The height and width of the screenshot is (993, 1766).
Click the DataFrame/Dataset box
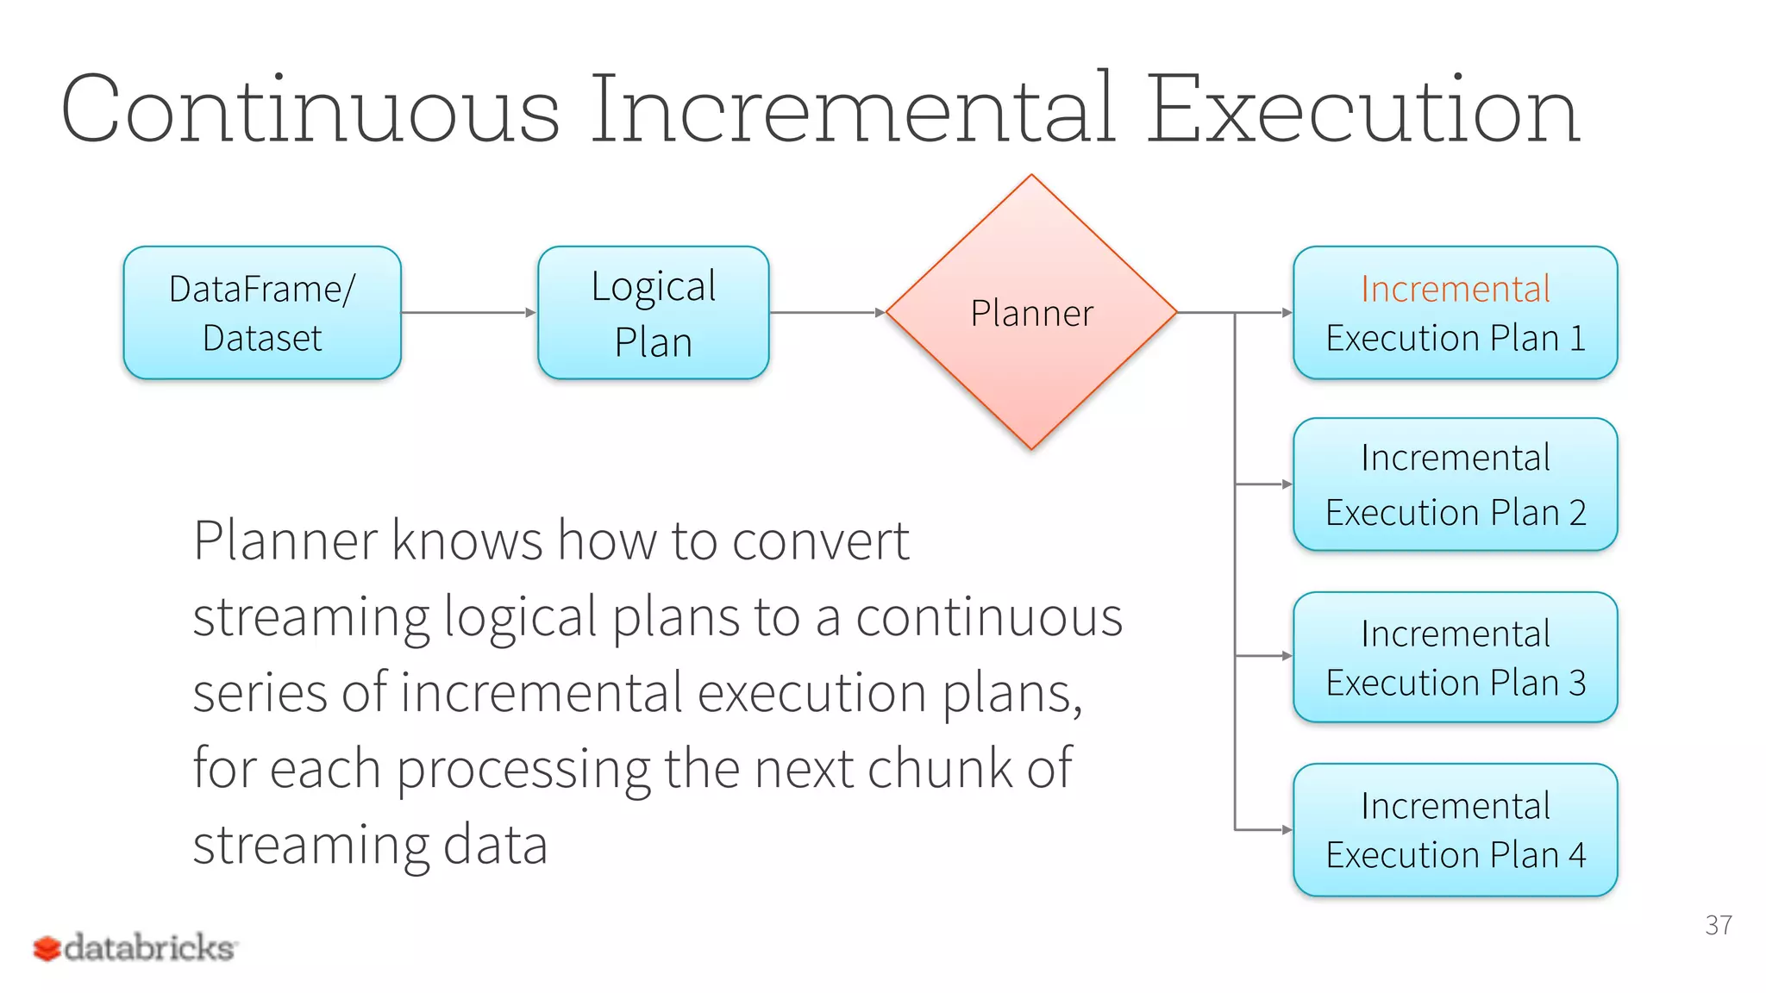tap(262, 312)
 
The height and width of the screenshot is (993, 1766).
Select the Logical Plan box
tap(653, 312)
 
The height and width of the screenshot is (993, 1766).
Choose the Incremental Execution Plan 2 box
tap(1455, 484)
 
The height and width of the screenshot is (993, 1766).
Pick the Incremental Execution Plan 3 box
tap(1455, 657)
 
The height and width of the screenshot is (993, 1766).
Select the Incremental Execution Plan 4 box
tap(1455, 829)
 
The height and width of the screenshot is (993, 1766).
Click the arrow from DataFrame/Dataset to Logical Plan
tap(468, 312)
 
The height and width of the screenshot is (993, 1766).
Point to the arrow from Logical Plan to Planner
tap(826, 312)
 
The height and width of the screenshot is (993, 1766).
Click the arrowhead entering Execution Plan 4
tap(1287, 830)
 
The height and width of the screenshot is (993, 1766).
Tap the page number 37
tap(1718, 925)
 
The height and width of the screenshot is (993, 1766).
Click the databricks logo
tap(135, 947)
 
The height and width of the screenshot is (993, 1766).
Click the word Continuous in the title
tap(310, 110)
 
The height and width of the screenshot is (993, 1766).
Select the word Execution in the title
tap(1362, 110)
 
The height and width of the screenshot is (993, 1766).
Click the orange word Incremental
tap(1455, 289)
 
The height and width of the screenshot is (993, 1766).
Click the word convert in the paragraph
tap(821, 541)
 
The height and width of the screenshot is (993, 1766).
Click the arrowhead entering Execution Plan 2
tap(1287, 484)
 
